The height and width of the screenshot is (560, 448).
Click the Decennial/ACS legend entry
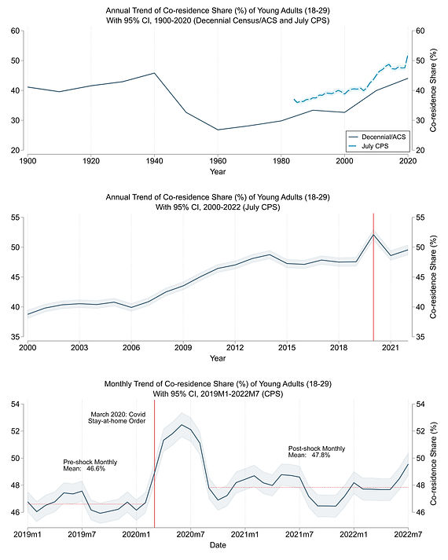[377, 137]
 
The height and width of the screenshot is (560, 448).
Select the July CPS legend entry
[369, 146]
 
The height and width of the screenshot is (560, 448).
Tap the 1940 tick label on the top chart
[154, 161]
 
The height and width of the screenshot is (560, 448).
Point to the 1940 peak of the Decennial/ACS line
[154, 73]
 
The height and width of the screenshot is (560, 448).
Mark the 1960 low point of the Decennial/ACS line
[218, 130]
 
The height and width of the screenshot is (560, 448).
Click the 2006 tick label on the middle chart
[131, 348]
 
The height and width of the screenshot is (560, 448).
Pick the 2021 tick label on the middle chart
[391, 348]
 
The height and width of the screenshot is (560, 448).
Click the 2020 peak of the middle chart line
[373, 234]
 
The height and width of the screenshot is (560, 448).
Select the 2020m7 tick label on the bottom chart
[190, 535]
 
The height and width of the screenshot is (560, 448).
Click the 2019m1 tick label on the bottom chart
[28, 535]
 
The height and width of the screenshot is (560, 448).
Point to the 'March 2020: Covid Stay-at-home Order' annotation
[117, 418]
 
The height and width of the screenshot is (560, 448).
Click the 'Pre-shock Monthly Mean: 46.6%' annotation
[90, 465]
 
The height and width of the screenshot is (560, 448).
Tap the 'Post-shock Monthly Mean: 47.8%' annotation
[317, 452]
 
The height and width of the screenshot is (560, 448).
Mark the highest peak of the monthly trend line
[182, 425]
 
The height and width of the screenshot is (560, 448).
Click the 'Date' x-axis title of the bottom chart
[218, 545]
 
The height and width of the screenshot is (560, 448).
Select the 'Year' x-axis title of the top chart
[218, 171]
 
